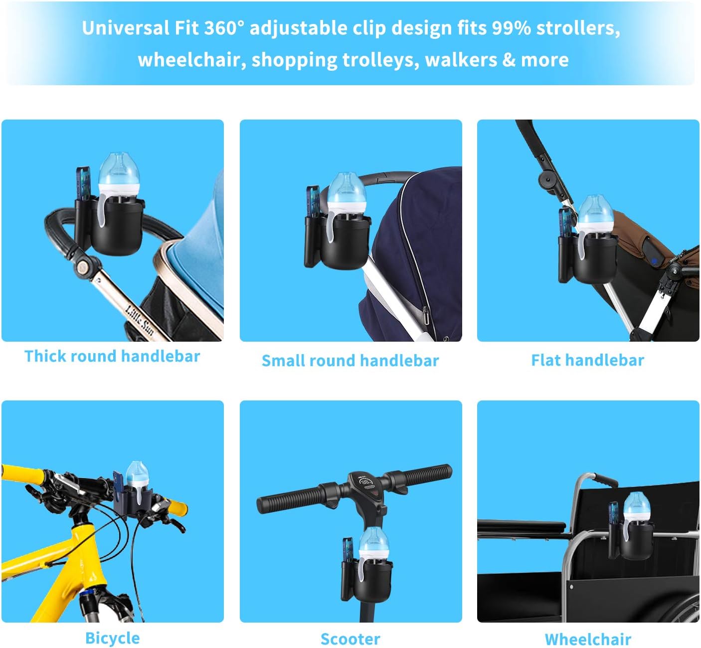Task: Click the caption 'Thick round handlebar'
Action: (x=112, y=356)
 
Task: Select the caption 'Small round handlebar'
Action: (x=350, y=361)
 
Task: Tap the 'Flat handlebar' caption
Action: (x=587, y=360)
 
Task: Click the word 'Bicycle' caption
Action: (x=112, y=638)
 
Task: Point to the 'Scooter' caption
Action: (x=350, y=639)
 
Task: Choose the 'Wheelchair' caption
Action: (x=588, y=639)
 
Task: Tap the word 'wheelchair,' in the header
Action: (x=192, y=60)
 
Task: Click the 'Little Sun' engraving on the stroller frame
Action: (x=139, y=319)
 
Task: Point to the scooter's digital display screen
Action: (x=366, y=482)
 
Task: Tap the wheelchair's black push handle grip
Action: (x=605, y=480)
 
